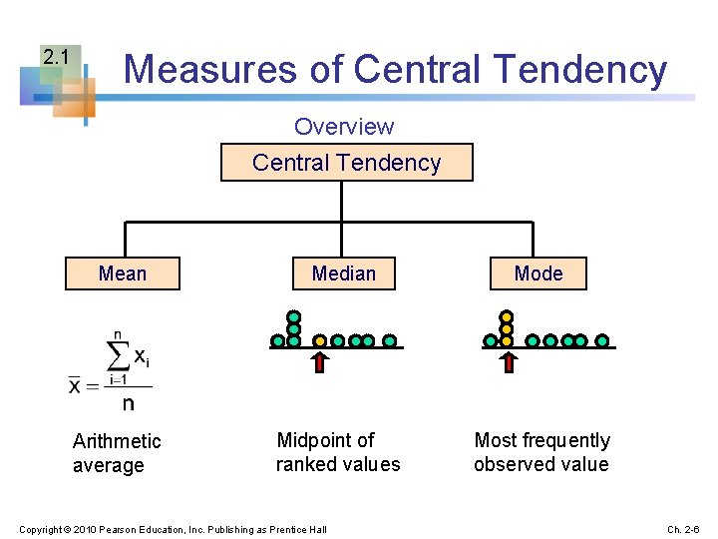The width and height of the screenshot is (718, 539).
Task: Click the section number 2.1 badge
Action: (x=56, y=58)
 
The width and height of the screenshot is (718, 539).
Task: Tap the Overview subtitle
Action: (x=344, y=127)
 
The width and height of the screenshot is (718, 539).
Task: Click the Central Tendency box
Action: (x=346, y=163)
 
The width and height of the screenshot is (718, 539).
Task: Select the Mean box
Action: (x=123, y=273)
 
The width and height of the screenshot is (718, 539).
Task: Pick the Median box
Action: (x=344, y=273)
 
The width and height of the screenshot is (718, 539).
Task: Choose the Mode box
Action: (x=538, y=273)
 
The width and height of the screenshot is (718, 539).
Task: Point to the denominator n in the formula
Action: (x=128, y=404)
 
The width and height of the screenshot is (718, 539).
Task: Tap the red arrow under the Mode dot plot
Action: (x=508, y=360)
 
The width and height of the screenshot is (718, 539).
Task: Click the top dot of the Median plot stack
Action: (x=294, y=316)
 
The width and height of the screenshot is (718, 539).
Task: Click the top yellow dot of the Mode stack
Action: (x=507, y=316)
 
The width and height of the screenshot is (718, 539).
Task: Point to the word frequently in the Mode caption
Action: (x=569, y=440)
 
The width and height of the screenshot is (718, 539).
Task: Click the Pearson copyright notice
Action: (x=173, y=528)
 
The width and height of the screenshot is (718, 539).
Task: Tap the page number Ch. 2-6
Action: (x=683, y=528)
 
